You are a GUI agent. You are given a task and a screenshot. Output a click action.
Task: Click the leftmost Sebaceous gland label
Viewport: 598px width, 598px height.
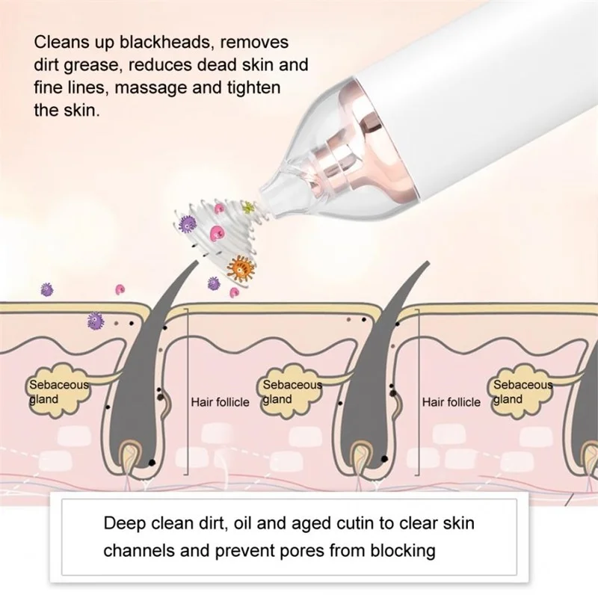click(58, 392)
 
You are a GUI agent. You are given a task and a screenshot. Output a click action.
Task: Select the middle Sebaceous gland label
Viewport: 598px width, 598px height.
click(292, 392)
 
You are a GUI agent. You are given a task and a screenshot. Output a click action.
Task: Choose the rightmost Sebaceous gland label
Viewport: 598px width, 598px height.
click(523, 392)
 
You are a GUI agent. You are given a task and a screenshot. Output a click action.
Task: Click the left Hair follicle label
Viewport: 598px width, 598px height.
click(220, 402)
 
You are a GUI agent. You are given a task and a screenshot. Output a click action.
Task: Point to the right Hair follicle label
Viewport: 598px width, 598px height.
click(451, 402)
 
